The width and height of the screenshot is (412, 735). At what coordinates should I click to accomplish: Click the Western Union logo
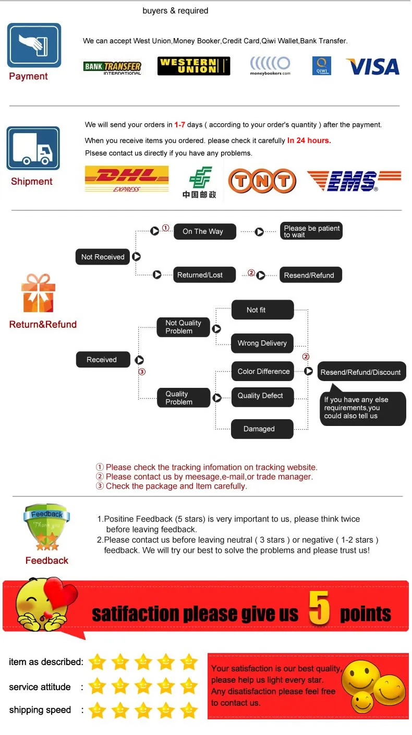(193, 66)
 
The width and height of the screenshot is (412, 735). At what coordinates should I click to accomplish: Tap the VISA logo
(372, 66)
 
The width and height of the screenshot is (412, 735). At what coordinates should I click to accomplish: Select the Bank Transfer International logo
(112, 67)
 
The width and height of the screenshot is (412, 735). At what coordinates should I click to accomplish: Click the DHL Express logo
(127, 179)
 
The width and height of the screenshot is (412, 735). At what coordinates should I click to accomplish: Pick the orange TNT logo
(262, 181)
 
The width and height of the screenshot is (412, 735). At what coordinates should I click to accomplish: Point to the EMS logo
(354, 181)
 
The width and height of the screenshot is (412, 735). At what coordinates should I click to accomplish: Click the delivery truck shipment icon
(33, 148)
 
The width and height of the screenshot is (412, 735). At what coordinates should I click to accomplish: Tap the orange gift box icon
(38, 293)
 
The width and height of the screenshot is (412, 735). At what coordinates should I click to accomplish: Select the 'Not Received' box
(103, 257)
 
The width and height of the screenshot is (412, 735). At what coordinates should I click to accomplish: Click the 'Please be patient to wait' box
(311, 231)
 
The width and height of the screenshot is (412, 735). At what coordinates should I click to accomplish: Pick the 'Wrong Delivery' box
(262, 343)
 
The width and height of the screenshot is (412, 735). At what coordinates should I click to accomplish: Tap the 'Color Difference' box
(263, 371)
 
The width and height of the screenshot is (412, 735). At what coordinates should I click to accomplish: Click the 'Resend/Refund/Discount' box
(361, 372)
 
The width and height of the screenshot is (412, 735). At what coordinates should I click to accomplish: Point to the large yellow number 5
(319, 608)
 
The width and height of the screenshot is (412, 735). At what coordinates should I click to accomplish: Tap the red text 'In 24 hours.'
(309, 140)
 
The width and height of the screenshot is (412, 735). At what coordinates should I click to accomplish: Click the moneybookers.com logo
(270, 66)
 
